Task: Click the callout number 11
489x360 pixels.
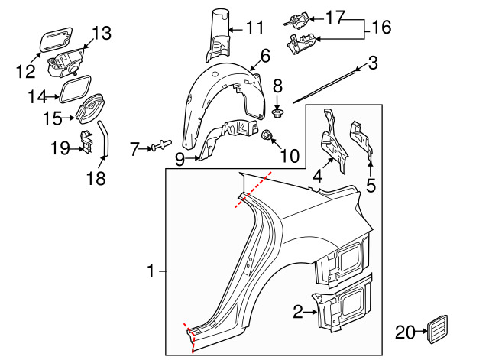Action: (x=254, y=28)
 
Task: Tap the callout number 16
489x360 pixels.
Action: (x=381, y=28)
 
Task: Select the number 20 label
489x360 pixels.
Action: (x=405, y=332)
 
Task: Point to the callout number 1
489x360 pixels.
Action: (x=151, y=271)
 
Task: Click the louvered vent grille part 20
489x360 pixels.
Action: (x=437, y=329)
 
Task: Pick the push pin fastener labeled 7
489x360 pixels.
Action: (x=161, y=145)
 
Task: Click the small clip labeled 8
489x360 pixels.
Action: (x=277, y=113)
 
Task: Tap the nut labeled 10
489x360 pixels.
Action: (x=266, y=135)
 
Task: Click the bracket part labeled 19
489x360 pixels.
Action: (x=86, y=141)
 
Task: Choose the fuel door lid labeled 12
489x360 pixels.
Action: (x=57, y=40)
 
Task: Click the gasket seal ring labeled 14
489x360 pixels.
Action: (x=75, y=89)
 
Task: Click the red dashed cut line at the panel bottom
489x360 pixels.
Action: (x=190, y=338)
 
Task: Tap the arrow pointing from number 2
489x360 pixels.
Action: (x=310, y=312)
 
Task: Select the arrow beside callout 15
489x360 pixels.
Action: (x=69, y=118)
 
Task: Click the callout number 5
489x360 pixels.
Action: (x=371, y=185)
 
